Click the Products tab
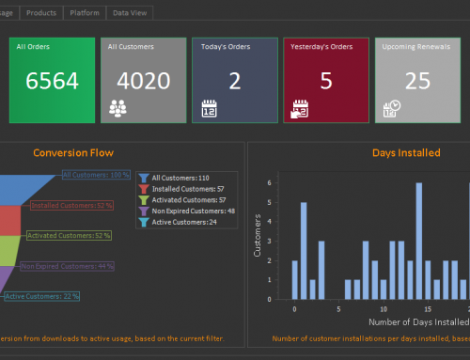coord(40,12)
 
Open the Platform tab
coord(84,12)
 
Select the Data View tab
coord(129,12)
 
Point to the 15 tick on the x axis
coord(428,308)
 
